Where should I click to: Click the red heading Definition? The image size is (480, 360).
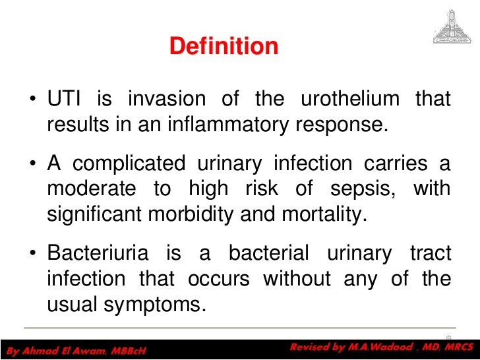224,46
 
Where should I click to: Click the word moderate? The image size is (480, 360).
92,189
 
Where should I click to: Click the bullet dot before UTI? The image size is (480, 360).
32,101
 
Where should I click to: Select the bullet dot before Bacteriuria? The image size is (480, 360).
32,254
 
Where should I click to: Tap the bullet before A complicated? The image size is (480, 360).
32,165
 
